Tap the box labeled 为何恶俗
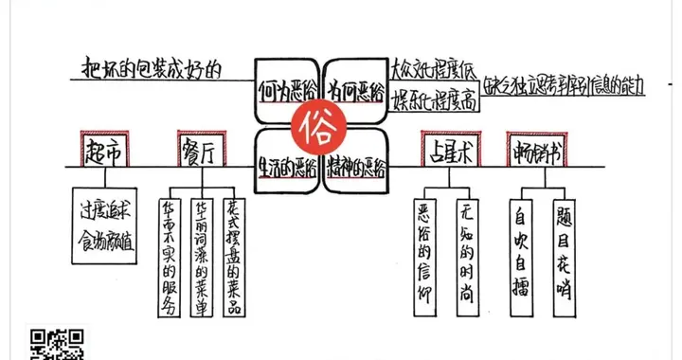click(x=356, y=91)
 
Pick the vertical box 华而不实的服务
click(x=170, y=256)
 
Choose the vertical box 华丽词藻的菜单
click(x=202, y=256)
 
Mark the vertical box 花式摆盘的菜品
click(x=235, y=256)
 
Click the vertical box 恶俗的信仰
click(x=426, y=250)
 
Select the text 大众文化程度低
click(x=433, y=69)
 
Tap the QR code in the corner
click(x=59, y=343)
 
